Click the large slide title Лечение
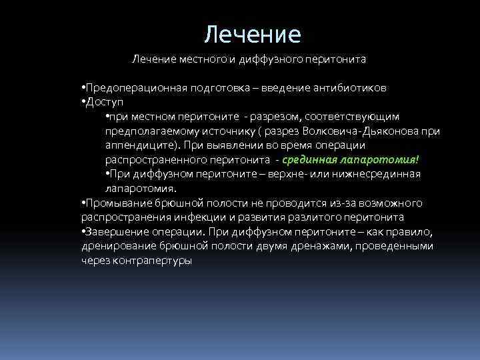click(253, 33)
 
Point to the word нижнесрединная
click(379, 174)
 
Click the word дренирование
click(116, 246)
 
